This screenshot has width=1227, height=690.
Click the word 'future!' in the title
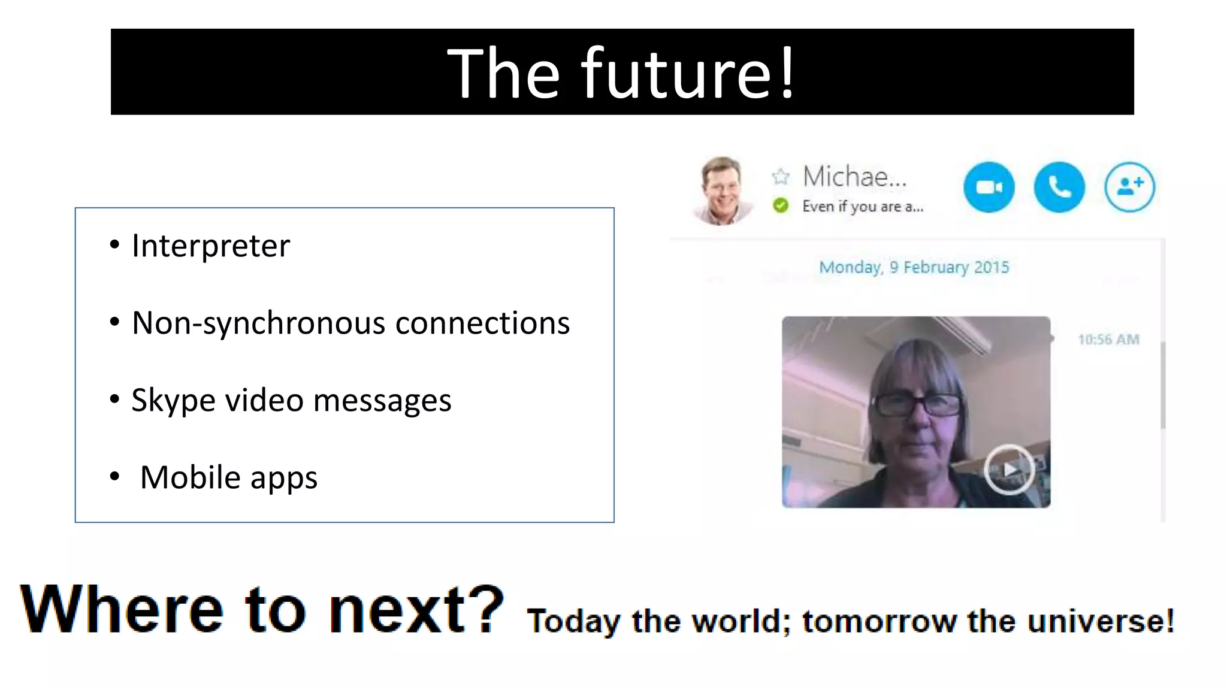pos(689,73)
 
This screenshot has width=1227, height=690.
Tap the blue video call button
pos(989,187)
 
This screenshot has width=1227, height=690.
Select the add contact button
pos(1129,187)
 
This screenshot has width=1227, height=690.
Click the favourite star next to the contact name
pos(781,177)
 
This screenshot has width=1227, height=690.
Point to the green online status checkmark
pos(781,206)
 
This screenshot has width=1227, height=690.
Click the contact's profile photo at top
pos(723,190)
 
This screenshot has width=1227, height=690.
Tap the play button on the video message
pos(1010,469)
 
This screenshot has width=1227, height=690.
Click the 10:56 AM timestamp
pos(1108,340)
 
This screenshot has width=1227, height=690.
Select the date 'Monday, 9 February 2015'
pos(914,267)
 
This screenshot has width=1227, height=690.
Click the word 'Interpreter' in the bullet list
pos(211,246)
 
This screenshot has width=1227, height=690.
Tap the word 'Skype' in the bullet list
pos(173,401)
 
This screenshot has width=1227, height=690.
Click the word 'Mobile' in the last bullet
pos(191,477)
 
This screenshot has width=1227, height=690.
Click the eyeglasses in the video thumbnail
pos(917,405)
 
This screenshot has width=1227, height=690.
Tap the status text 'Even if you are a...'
pos(863,207)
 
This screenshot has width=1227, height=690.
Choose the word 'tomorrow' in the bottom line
pos(880,621)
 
